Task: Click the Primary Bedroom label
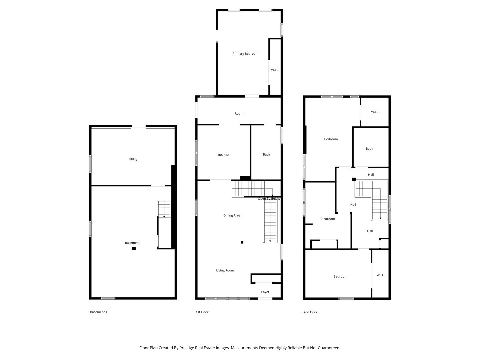tap(245, 54)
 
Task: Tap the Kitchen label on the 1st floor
tap(224, 155)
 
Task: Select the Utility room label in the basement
tap(133, 159)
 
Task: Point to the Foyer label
tap(265, 292)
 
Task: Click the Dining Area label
tap(232, 216)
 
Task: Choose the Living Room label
tap(225, 271)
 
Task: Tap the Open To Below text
tap(269, 199)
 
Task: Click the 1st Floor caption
tap(202, 312)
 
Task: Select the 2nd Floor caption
tap(310, 312)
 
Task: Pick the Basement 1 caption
tap(99, 312)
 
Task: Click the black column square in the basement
tap(134, 249)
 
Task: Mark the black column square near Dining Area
tap(242, 242)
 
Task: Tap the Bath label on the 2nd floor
tap(369, 149)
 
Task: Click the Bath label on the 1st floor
tap(266, 155)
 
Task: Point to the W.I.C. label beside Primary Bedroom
tap(275, 70)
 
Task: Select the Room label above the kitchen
tap(239, 114)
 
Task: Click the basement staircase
tap(164, 210)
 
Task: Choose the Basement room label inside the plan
tap(132, 243)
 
